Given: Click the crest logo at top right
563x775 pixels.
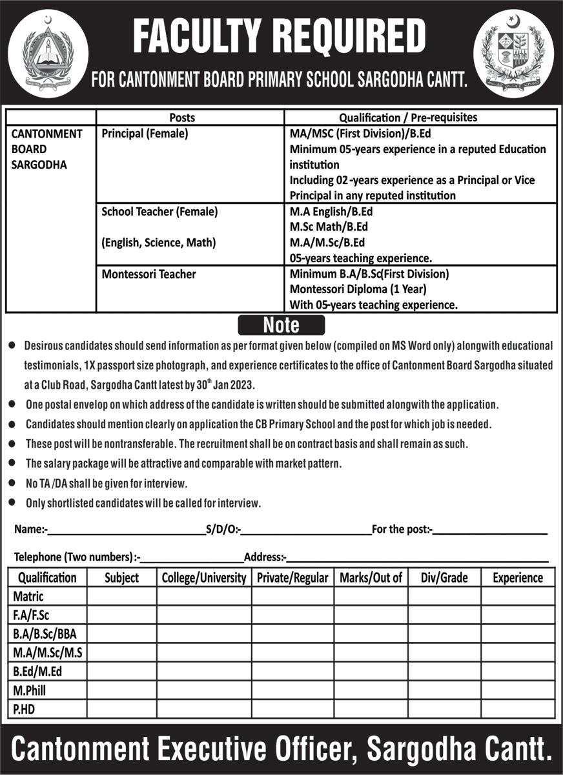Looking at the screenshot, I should point(513,53).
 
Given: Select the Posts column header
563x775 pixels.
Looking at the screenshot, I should point(182,118).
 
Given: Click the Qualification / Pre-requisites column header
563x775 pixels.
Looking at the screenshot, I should point(408,118).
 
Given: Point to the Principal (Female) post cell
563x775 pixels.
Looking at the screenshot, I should point(145,134).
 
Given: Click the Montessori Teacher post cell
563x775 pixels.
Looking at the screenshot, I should point(149,274).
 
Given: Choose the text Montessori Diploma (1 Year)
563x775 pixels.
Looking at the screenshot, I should point(358,289).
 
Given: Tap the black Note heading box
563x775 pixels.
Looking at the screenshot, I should point(281,324).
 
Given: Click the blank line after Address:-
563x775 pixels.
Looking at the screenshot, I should point(418,559).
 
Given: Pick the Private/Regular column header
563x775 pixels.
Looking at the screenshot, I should point(292,577).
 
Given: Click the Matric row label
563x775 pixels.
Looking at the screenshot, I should point(28,596).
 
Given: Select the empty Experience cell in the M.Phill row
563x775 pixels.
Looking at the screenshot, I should point(517,690).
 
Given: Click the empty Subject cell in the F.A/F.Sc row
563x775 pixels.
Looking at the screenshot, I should point(121,615).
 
